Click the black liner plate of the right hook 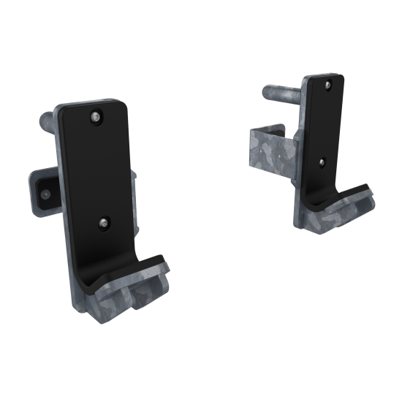point(321,124)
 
